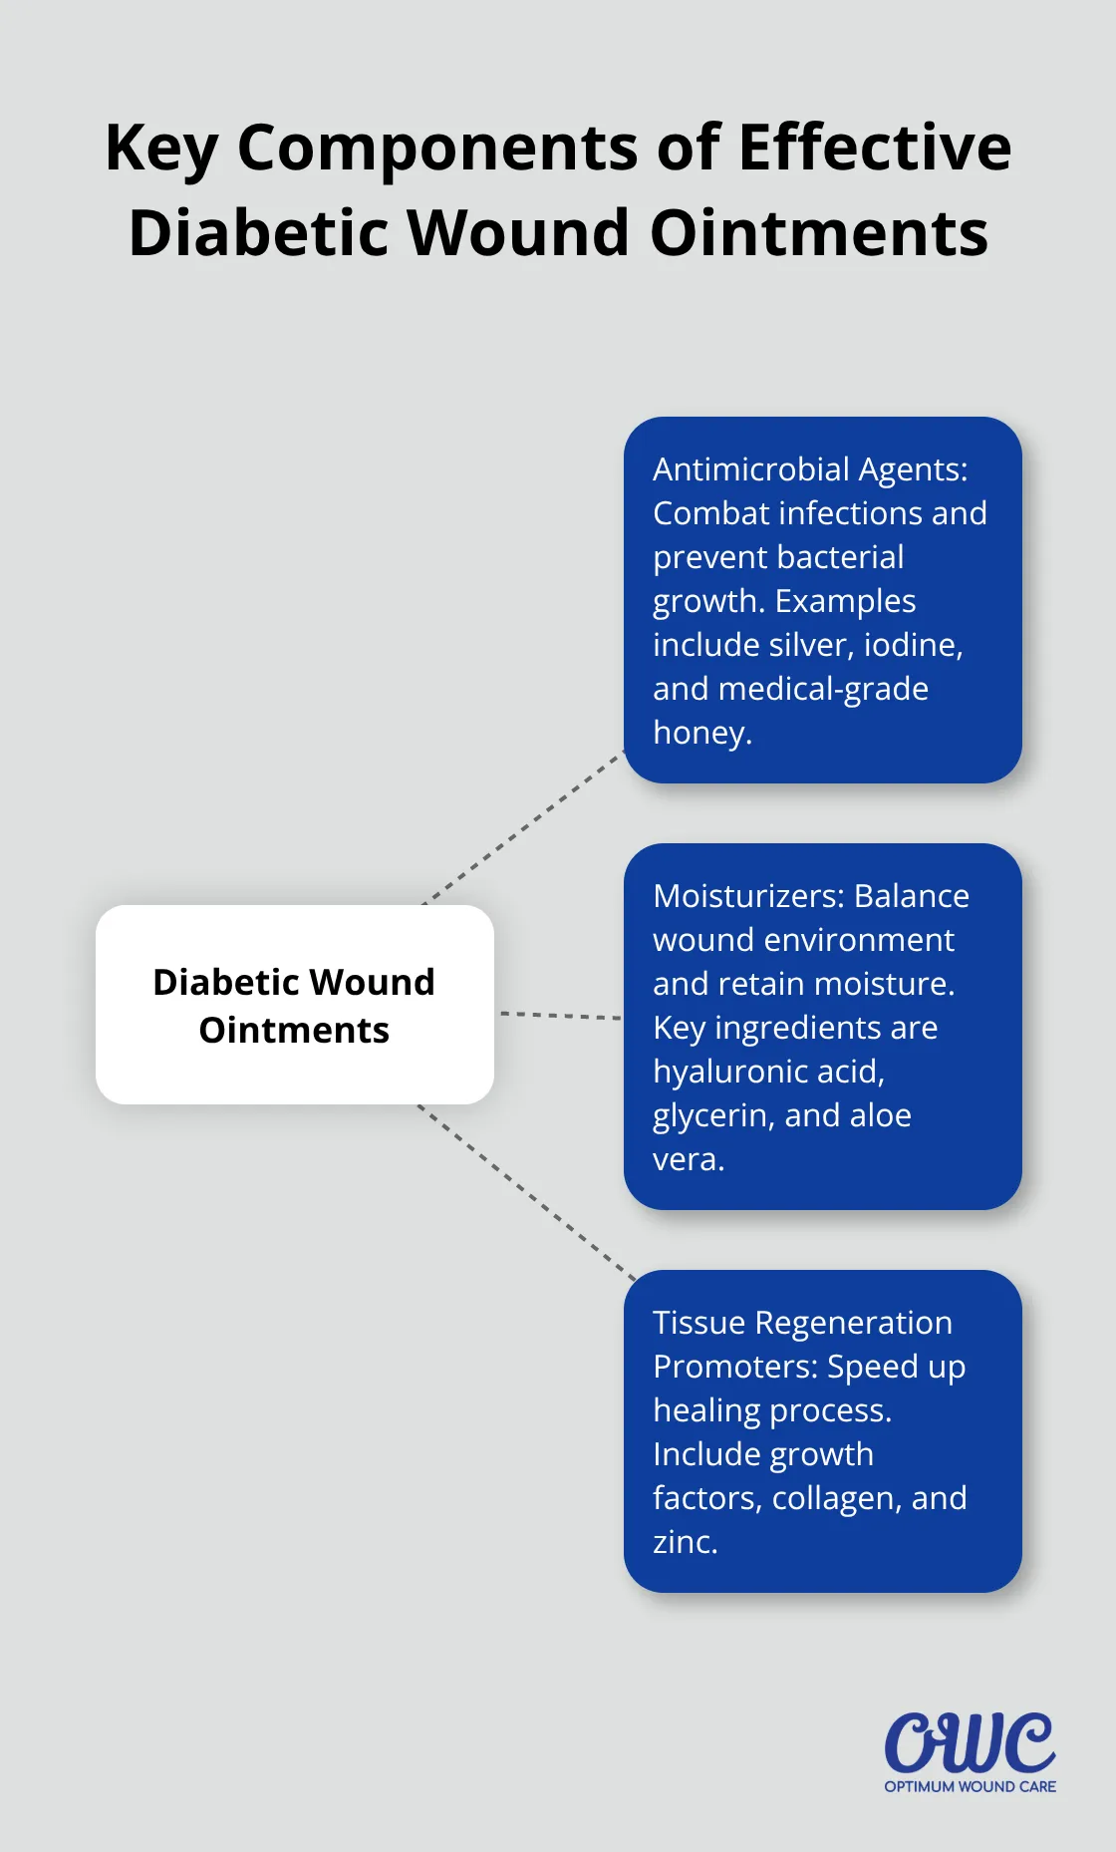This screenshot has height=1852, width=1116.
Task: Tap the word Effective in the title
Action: coord(874,148)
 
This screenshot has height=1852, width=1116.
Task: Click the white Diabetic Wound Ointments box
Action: coord(294,1004)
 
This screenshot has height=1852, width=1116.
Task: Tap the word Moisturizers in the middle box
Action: coord(745,896)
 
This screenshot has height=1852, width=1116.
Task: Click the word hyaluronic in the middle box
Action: coord(729,1072)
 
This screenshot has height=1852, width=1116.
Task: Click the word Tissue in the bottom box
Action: coord(698,1323)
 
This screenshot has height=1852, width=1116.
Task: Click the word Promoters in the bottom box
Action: coord(734,1367)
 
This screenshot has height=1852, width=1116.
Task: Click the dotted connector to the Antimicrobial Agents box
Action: coord(523,828)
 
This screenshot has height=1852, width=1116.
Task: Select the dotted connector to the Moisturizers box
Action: coord(560,1015)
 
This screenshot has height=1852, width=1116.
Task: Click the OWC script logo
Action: coord(970,1742)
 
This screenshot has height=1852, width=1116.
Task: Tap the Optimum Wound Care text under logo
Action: coord(970,1786)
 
